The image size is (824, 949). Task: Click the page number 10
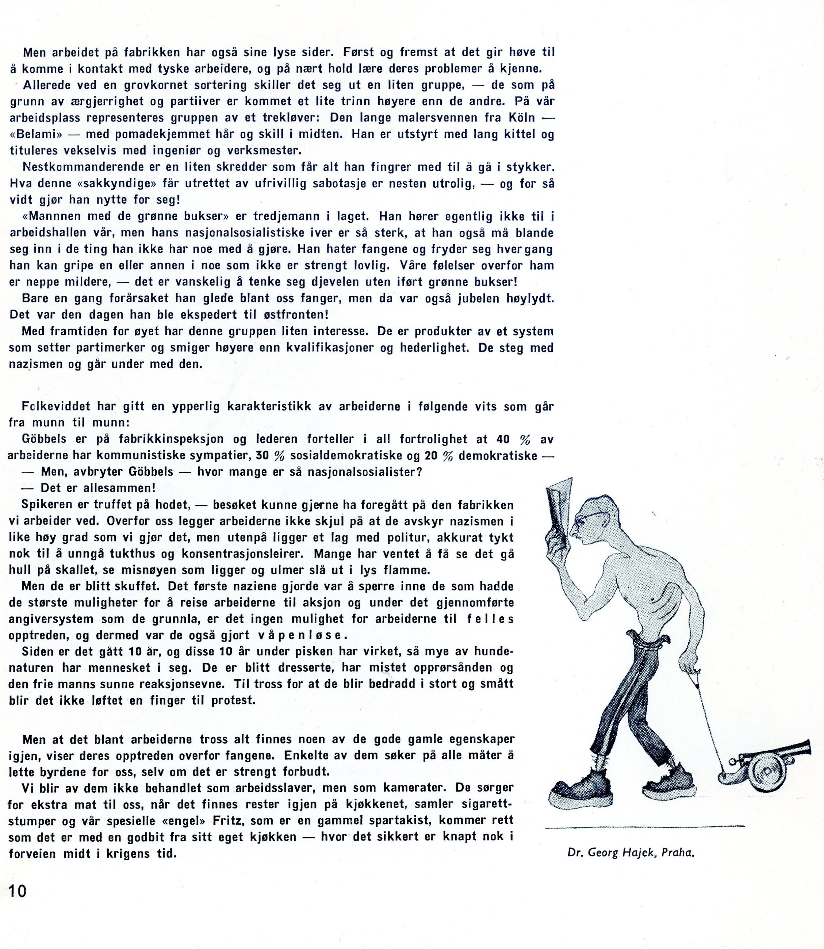tap(18, 891)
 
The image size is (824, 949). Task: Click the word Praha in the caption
tap(677, 853)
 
